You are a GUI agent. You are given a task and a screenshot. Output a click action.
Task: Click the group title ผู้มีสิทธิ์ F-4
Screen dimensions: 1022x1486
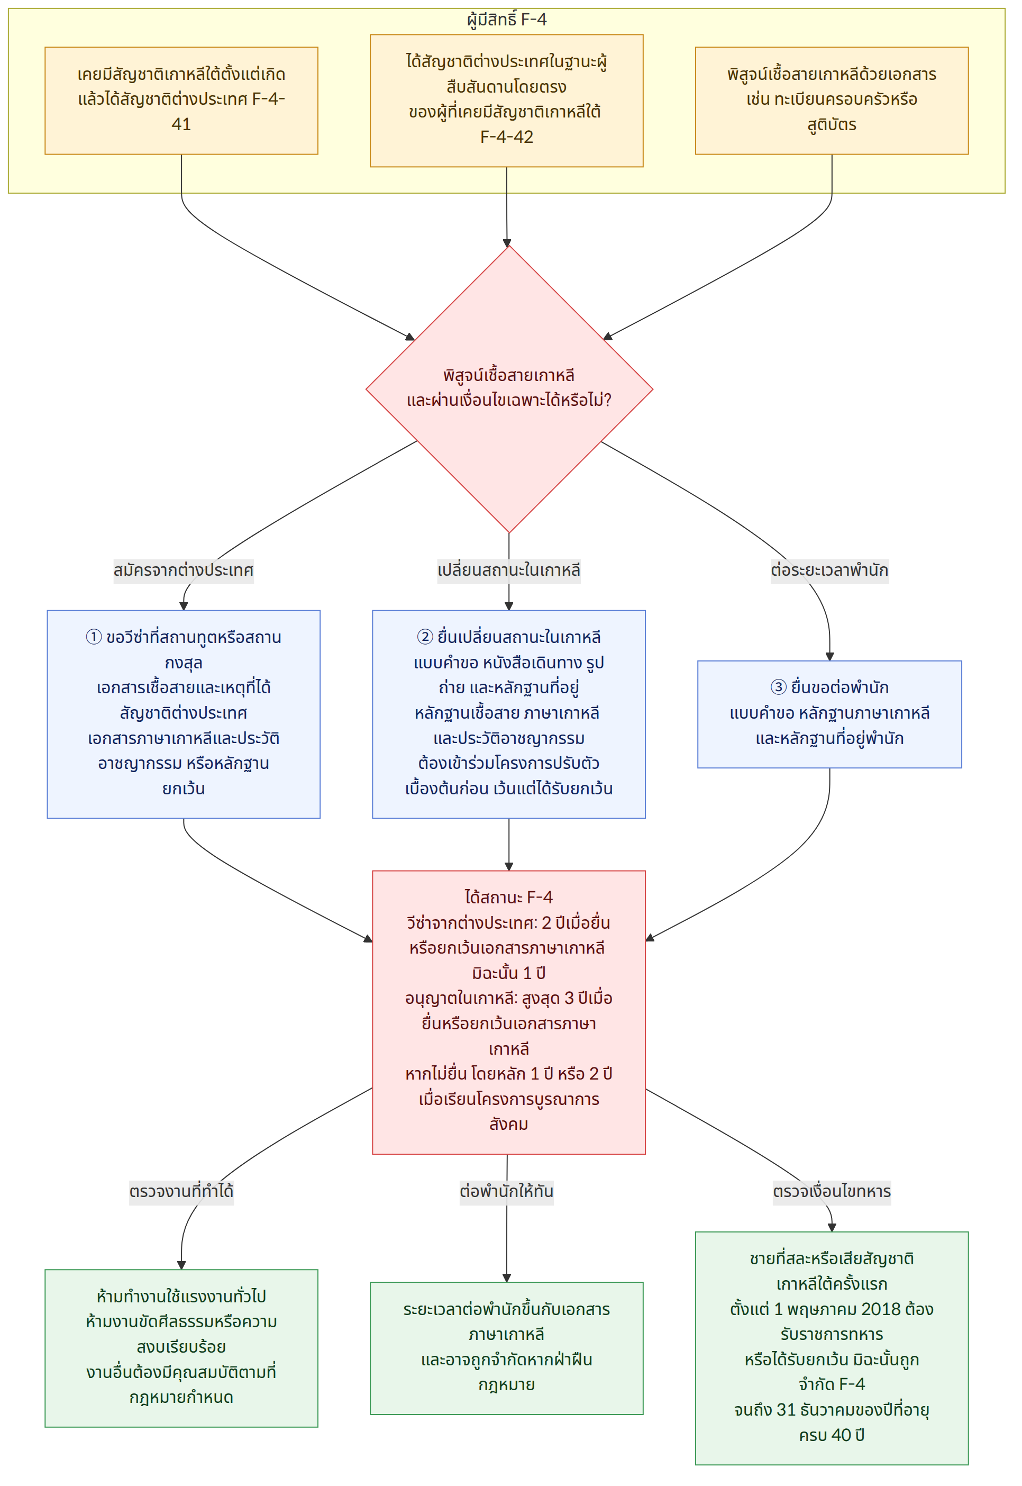click(507, 20)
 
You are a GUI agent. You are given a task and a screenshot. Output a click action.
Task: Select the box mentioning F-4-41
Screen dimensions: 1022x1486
click(181, 101)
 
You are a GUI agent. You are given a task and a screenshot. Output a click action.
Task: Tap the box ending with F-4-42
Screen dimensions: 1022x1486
click(507, 101)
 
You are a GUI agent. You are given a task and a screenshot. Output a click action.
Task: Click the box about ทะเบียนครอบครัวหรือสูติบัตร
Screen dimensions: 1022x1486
click(832, 101)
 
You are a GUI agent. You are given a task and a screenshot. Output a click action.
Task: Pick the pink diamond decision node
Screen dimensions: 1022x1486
click(509, 389)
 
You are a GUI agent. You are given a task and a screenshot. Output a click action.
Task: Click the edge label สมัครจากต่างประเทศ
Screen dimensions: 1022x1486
click(183, 570)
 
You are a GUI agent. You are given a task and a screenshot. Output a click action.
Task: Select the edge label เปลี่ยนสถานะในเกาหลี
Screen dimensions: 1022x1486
click(509, 570)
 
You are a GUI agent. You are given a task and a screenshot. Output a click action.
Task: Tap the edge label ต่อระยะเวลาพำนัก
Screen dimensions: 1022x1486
click(829, 570)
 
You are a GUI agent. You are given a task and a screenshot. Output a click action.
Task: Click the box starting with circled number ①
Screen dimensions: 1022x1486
click(184, 714)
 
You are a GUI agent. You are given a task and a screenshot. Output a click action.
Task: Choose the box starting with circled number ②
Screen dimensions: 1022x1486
click(509, 714)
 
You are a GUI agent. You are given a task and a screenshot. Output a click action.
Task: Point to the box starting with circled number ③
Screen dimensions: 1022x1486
click(830, 714)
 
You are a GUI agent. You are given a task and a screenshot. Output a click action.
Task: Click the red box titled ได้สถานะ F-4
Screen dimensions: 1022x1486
click(509, 1012)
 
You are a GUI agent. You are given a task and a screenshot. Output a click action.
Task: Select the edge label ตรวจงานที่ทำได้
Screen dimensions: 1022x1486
click(181, 1191)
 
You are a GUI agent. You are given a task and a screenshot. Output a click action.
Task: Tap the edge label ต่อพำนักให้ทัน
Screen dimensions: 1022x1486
click(507, 1191)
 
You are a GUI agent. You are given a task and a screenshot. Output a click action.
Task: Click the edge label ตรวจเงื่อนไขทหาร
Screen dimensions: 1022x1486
click(832, 1191)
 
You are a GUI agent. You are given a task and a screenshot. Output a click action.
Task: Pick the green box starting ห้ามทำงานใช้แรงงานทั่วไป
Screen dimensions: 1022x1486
click(181, 1348)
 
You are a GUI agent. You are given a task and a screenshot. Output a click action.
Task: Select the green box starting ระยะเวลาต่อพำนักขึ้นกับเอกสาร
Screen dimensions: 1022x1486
click(507, 1348)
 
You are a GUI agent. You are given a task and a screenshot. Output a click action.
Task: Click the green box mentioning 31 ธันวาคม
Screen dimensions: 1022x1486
click(832, 1348)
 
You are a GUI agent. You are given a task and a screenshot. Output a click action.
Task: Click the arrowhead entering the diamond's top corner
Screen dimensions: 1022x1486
click(507, 243)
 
